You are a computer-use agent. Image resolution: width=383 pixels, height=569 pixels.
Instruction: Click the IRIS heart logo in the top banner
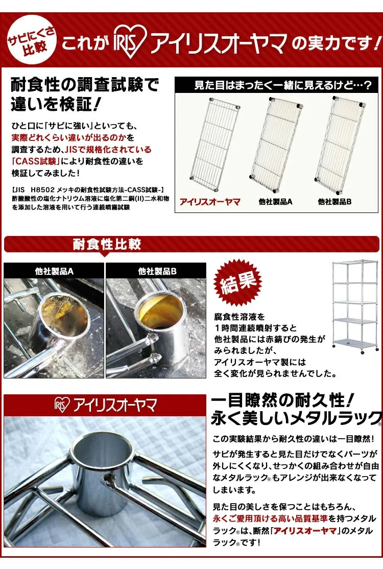[x=130, y=42]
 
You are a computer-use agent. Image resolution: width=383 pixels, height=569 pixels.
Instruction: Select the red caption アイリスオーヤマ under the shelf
[x=210, y=202]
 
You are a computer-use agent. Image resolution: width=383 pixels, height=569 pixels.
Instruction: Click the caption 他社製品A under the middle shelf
[x=276, y=202]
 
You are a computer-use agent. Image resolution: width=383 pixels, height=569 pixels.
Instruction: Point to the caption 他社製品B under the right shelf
[x=334, y=202]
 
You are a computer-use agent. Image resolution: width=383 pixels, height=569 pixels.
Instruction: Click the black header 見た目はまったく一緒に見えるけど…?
[x=278, y=85]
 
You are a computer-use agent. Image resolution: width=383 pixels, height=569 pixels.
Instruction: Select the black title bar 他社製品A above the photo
[x=54, y=271]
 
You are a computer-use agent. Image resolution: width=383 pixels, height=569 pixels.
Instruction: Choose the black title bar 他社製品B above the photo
[x=156, y=271]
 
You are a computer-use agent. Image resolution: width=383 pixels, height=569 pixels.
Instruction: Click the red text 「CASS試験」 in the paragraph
[x=36, y=161]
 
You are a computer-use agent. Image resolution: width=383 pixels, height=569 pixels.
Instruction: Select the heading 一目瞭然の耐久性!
[x=282, y=400]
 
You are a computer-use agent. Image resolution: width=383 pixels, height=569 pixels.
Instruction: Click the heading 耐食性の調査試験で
[x=85, y=85]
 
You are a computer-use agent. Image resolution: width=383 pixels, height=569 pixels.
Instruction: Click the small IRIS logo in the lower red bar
[x=62, y=405]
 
